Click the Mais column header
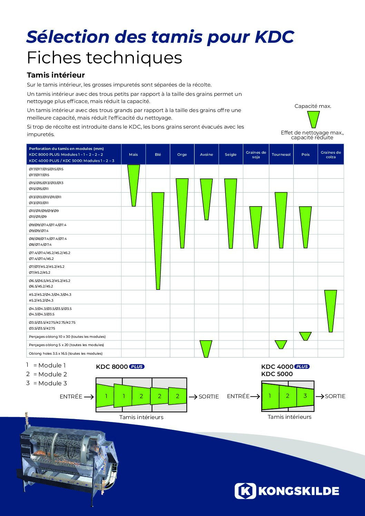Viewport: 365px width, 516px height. click(134, 154)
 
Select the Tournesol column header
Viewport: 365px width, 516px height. click(281, 154)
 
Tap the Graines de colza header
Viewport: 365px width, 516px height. click(331, 154)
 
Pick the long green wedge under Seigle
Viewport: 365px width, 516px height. click(231, 210)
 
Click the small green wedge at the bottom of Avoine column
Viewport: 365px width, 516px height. click(206, 347)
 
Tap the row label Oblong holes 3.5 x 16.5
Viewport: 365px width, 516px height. click(66, 353)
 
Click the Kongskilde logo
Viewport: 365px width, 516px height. click(287, 491)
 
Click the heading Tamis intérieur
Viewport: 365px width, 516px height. click(56, 75)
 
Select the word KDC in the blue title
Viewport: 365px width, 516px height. click(274, 37)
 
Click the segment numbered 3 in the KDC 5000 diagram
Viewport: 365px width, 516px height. click(305, 396)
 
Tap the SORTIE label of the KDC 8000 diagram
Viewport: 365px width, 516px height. click(208, 396)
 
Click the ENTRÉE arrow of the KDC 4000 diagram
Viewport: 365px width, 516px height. click(255, 396)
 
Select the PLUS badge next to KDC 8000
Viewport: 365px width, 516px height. click(137, 366)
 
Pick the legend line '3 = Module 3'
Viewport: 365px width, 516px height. click(47, 383)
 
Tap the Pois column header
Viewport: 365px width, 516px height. click(305, 154)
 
